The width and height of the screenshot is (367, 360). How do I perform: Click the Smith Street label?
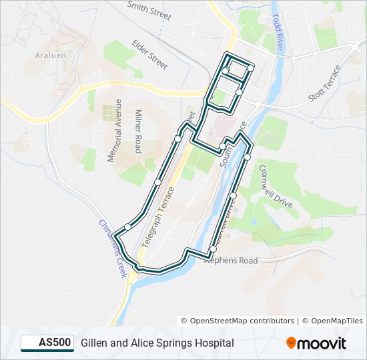[x=149, y=11]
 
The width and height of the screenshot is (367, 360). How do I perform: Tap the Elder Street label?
[x=149, y=54]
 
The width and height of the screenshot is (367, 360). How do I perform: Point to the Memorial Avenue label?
[x=115, y=131]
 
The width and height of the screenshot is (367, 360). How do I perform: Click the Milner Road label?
[x=138, y=132]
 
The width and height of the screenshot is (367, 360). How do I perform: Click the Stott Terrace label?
[x=324, y=83]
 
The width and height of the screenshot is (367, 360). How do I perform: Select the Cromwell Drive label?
[x=276, y=187]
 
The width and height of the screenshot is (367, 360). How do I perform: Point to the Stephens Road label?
[x=229, y=261]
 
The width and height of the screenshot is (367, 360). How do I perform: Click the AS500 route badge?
[x=47, y=343]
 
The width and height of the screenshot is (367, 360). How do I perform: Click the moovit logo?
[x=316, y=343]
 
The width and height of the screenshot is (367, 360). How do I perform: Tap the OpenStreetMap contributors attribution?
[x=238, y=321]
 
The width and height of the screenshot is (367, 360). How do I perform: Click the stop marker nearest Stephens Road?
[x=213, y=249]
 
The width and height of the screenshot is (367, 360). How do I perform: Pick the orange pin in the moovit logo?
[x=291, y=343]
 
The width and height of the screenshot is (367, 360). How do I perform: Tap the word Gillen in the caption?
[x=95, y=343]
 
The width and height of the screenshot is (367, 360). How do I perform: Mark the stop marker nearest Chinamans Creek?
[x=127, y=227]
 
